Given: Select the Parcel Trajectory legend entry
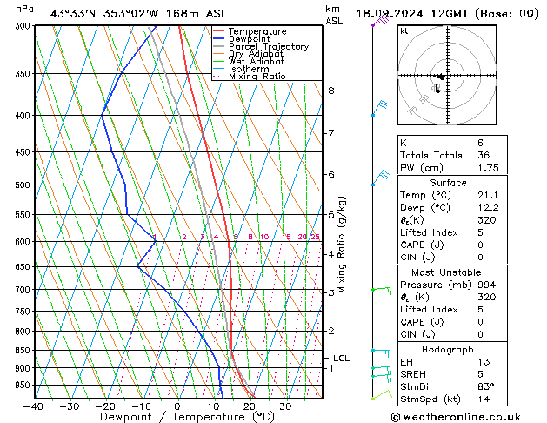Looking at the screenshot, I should (x=268, y=47).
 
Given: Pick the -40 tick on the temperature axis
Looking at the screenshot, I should (x=34, y=406).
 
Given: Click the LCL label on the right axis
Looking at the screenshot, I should (x=341, y=358).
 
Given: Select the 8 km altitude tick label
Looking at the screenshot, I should (x=330, y=91).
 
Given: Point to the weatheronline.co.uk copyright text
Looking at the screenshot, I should (x=466, y=416).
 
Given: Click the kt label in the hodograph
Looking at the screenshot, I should (x=404, y=31).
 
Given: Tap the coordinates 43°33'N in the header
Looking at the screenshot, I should (x=73, y=13).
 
